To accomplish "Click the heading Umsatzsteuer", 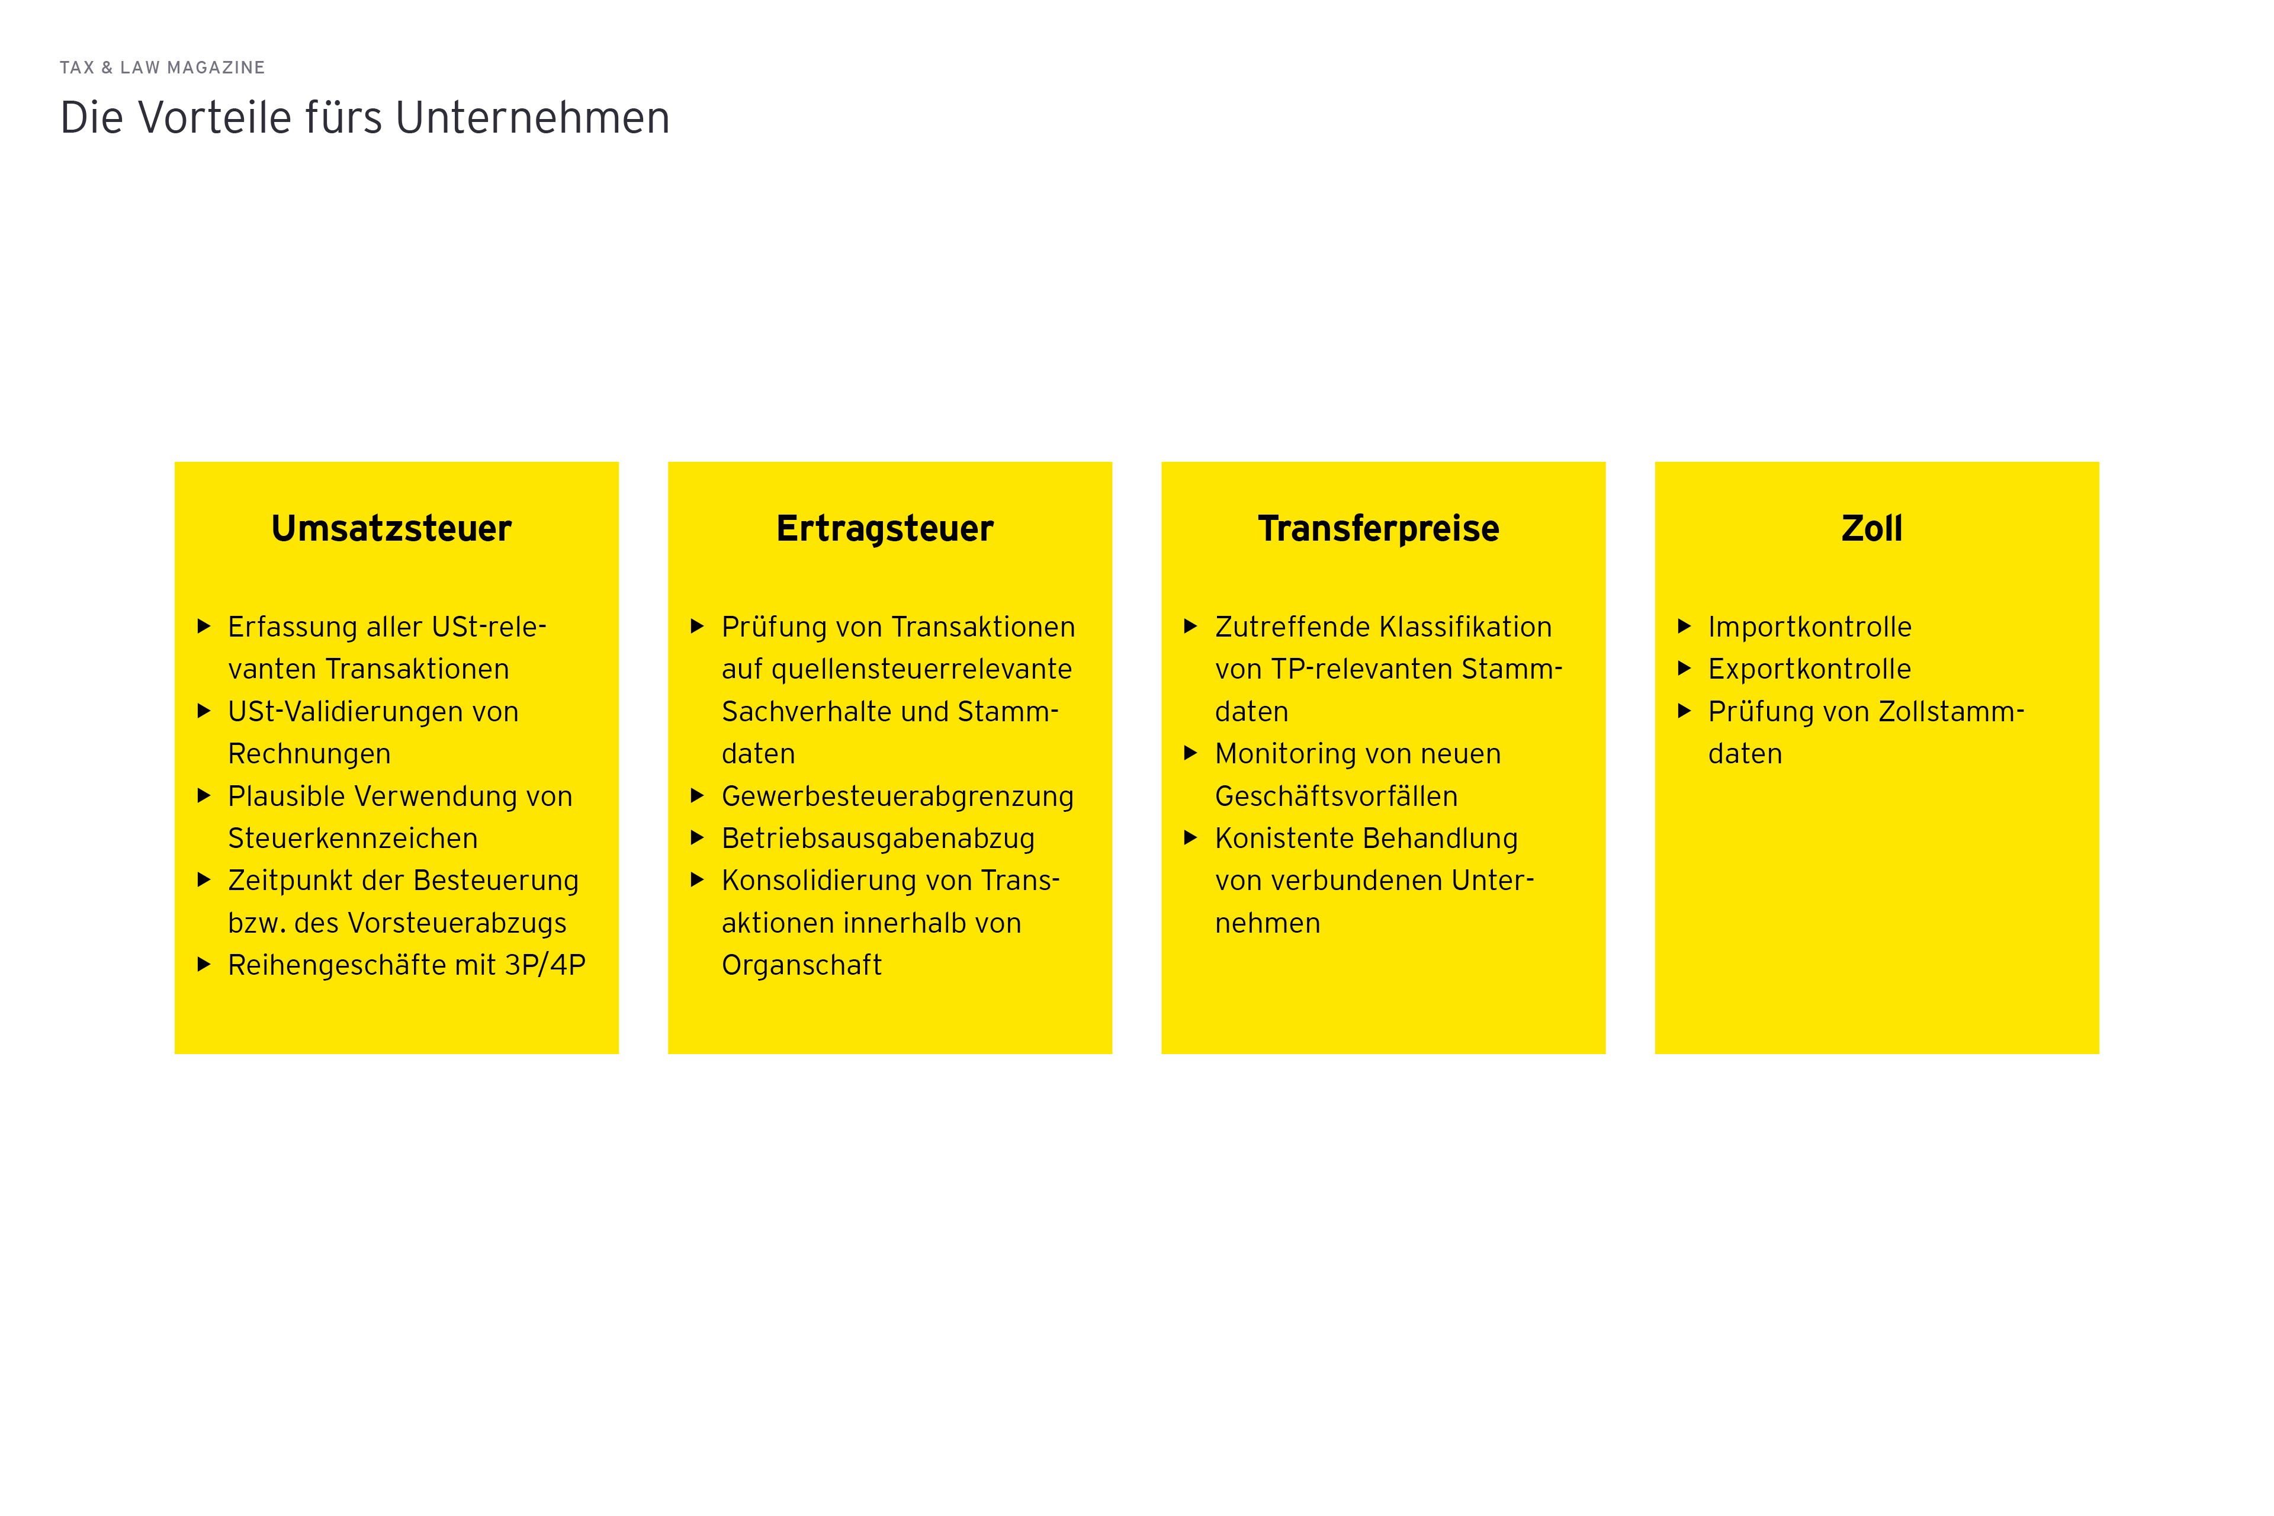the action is tap(391, 529).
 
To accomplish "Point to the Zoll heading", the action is tap(1872, 529).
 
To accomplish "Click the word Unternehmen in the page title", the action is tap(533, 118).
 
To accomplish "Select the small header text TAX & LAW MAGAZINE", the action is tap(162, 68).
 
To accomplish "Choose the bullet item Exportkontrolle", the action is tap(1810, 669).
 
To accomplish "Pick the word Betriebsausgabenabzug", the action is tap(878, 839).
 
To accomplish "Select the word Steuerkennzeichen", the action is tap(353, 839).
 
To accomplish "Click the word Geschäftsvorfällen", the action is tap(1336, 796).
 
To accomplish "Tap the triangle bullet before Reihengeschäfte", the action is tap(204, 964).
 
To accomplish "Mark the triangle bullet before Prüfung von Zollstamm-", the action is tap(1684, 711).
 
